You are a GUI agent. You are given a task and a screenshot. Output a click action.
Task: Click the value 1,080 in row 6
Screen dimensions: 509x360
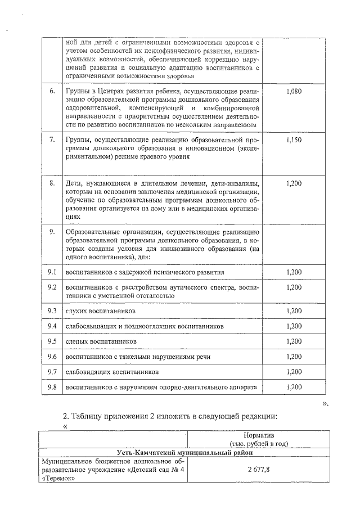click(x=294, y=91)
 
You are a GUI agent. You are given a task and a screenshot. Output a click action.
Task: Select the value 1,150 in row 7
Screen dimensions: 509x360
click(x=294, y=139)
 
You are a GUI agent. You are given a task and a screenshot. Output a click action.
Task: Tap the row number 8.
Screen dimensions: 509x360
click(x=52, y=183)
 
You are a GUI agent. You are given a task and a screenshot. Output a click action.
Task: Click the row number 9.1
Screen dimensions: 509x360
click(x=52, y=272)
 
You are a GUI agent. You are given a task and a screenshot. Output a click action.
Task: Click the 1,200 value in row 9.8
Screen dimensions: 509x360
click(x=294, y=387)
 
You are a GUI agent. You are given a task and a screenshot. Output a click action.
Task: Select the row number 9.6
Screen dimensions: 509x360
click(x=52, y=357)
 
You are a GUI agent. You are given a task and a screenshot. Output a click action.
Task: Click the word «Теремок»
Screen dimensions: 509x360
click(x=54, y=479)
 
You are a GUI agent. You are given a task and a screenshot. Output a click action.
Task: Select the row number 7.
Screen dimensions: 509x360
click(x=52, y=139)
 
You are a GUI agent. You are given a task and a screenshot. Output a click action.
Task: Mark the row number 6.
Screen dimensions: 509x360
click(x=52, y=91)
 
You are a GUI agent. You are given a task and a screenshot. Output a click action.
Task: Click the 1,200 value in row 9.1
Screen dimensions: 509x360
click(x=294, y=272)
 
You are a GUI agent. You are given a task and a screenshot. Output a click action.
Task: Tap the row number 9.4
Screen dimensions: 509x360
click(x=52, y=326)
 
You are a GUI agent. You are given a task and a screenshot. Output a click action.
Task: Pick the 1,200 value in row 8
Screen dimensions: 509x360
click(x=294, y=183)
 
